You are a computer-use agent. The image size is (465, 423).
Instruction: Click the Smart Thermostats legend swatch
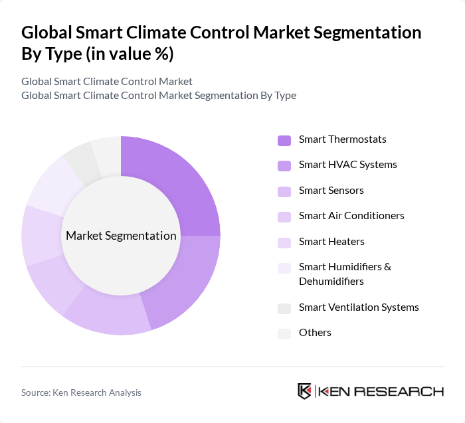284,140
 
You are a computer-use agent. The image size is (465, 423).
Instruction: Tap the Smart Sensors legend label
331,191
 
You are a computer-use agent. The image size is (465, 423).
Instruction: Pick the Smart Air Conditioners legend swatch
284,216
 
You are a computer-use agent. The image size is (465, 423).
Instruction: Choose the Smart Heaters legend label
331,242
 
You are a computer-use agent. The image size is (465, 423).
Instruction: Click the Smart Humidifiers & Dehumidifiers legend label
345,274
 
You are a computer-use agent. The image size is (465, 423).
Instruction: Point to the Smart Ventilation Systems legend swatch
284,308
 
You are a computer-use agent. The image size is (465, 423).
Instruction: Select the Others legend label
315,333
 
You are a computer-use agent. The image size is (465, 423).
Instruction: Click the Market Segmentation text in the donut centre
121,236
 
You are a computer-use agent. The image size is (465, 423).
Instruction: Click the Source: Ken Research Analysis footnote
81,392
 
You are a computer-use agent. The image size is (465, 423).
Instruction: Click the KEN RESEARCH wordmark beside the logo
381,391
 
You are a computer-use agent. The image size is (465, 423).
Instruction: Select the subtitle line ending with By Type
159,96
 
